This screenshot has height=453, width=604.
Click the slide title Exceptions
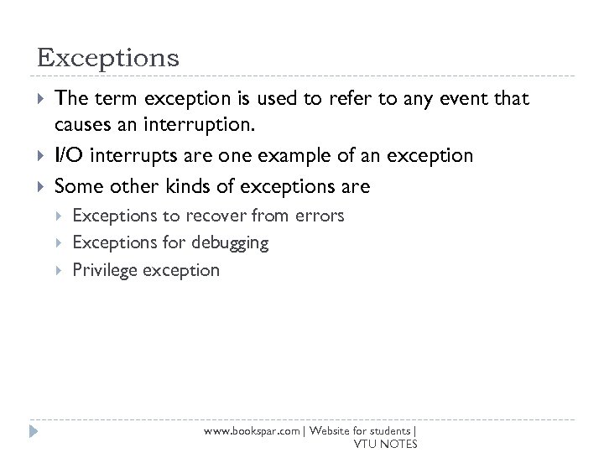108,58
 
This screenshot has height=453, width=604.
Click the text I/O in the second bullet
68,155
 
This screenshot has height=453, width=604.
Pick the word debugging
230,243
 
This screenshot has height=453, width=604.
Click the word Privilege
105,270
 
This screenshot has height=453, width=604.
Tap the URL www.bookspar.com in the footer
252,430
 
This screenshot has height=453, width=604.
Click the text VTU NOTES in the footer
386,444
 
